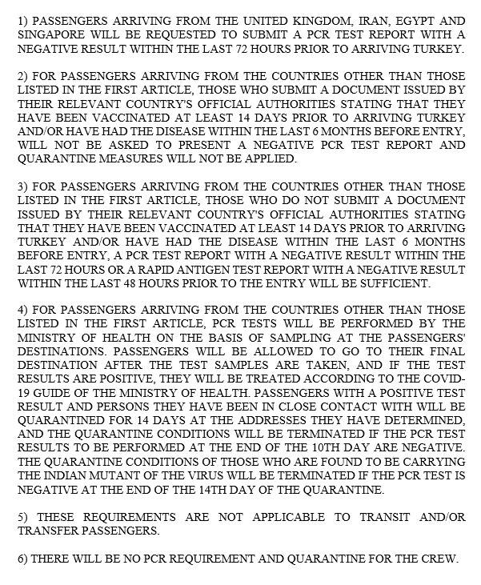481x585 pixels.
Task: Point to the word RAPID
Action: point(145,269)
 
